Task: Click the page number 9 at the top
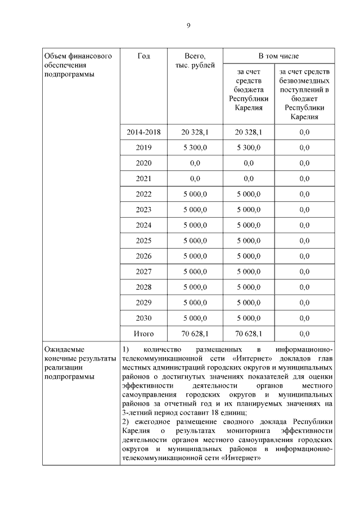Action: (x=188, y=25)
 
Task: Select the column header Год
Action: (x=143, y=56)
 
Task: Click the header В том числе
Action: (x=278, y=56)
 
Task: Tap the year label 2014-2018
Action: (x=143, y=132)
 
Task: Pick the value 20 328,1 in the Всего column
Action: (x=195, y=132)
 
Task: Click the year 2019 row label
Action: (x=143, y=148)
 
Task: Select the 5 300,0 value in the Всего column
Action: (x=195, y=148)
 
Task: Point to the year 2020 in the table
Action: (x=143, y=163)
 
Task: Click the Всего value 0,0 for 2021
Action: (x=195, y=179)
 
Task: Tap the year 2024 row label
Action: (x=143, y=225)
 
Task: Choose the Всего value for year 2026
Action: (x=195, y=256)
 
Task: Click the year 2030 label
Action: (x=143, y=318)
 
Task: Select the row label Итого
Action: (x=143, y=334)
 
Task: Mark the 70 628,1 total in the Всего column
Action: (x=195, y=334)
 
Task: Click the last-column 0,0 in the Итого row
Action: (x=304, y=334)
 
